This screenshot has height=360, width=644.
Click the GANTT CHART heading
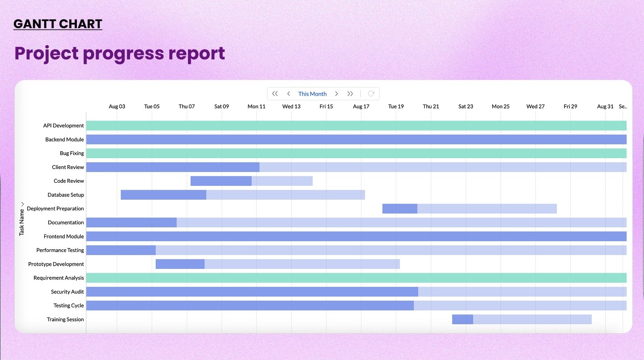[x=58, y=24]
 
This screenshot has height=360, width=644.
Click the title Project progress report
[x=120, y=53]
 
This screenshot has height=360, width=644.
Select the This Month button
[x=312, y=94]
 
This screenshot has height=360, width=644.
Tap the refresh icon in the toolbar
[x=371, y=94]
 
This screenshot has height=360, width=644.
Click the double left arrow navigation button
[x=275, y=94]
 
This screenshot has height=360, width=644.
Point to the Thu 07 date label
[x=187, y=106]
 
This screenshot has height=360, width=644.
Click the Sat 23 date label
[x=465, y=106]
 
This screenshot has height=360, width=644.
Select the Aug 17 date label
[x=361, y=106]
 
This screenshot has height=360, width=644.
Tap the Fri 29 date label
[x=570, y=106]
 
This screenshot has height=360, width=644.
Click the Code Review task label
[x=69, y=181]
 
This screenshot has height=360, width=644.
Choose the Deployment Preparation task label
[x=55, y=209]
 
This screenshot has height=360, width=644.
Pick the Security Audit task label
[x=67, y=292]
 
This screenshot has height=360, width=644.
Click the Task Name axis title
[x=22, y=221]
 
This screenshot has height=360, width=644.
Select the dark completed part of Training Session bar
[x=462, y=319]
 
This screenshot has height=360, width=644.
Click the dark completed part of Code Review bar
[x=221, y=181]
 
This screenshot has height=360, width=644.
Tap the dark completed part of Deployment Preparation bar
[x=400, y=209]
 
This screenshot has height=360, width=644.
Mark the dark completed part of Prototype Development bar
[x=180, y=264]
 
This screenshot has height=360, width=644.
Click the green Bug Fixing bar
[x=356, y=153]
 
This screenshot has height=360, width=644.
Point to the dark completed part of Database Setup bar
[x=163, y=195]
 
